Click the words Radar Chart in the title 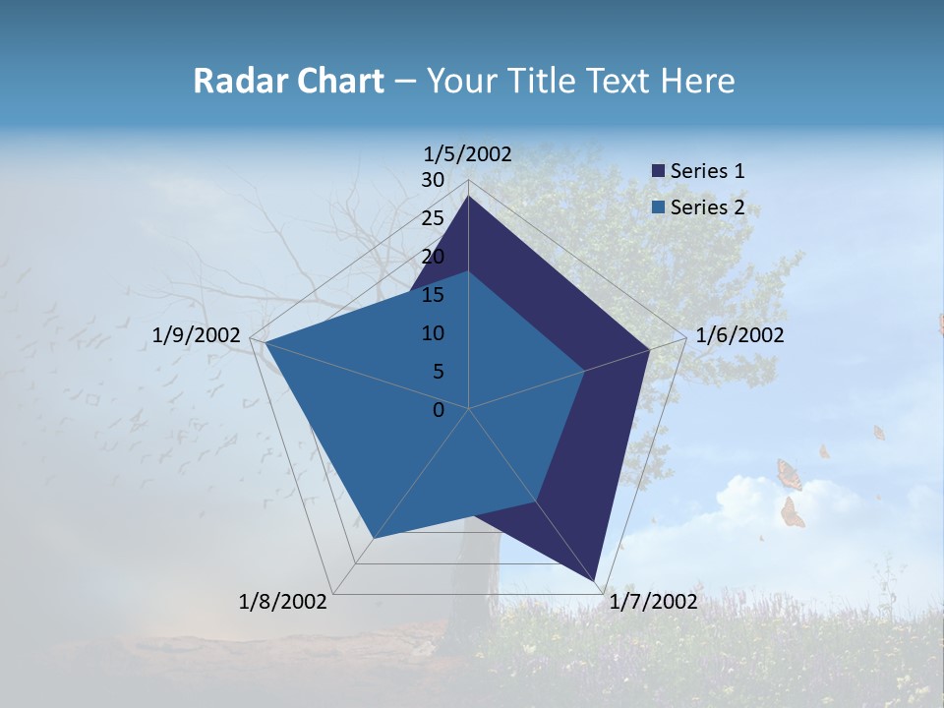[288, 82]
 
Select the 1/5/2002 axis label [468, 154]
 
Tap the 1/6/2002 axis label [739, 335]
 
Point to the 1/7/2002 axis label [653, 602]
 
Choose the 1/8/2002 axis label [283, 602]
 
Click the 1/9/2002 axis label [197, 335]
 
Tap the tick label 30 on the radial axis [433, 180]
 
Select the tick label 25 [433, 218]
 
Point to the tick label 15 [433, 295]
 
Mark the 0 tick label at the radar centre [439, 410]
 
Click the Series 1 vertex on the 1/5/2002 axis [469, 197]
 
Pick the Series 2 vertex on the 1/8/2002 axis [374, 539]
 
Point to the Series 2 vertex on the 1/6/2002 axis [585, 371]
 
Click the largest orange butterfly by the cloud [789, 475]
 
